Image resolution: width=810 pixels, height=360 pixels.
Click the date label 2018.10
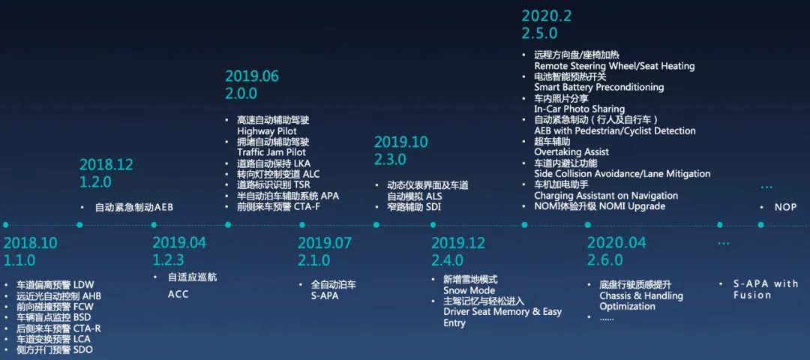(x=31, y=243)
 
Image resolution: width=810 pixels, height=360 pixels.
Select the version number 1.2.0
(x=95, y=182)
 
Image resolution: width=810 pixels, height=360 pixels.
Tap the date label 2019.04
(x=179, y=243)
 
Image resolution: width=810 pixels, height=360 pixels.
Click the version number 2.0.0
(x=241, y=94)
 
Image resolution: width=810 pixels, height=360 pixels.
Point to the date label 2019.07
(x=325, y=243)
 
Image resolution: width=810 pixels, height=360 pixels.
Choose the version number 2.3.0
(x=390, y=159)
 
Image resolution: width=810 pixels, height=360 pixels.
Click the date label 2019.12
(x=458, y=243)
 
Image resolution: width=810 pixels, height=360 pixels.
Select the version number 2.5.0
(x=539, y=33)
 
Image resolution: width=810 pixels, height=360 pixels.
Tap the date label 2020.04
(x=614, y=243)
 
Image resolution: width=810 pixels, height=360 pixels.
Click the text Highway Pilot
(x=267, y=131)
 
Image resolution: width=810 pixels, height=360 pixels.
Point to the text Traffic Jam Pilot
(x=271, y=152)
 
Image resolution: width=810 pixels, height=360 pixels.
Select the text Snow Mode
(x=469, y=290)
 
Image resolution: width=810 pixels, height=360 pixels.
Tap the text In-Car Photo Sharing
(x=579, y=109)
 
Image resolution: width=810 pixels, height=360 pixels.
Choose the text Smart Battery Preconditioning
(x=598, y=87)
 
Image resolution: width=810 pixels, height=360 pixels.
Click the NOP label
(x=785, y=207)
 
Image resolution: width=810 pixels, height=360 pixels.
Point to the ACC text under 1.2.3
(x=178, y=295)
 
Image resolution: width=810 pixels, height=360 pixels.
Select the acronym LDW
(x=84, y=284)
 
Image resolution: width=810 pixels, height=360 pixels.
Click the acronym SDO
(x=82, y=350)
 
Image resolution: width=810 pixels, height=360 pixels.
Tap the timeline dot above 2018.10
(x=5, y=225)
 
